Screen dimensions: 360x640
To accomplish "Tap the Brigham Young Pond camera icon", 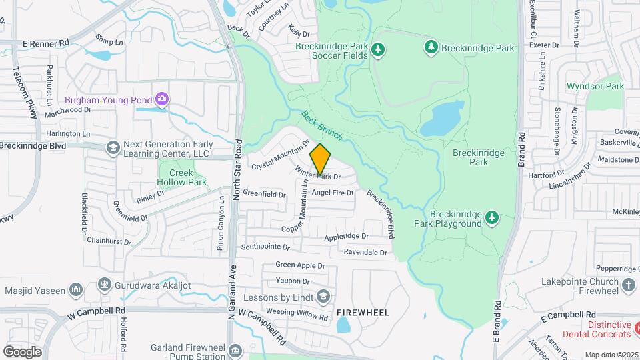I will [161, 100].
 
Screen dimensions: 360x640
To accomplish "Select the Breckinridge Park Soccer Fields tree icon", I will [378, 49].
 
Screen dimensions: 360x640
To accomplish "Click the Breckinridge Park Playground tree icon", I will [492, 217].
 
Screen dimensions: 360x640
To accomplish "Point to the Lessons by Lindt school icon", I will [323, 296].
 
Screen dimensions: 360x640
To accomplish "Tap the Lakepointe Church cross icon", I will [628, 285].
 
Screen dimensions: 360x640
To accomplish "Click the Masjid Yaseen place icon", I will [76, 290].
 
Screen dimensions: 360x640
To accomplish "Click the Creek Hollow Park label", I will [183, 177].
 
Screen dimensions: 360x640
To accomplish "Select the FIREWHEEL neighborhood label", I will [363, 312].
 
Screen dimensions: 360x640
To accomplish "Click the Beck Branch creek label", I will [321, 125].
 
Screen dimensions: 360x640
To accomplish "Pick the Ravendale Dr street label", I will [365, 253].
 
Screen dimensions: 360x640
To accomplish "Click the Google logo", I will [22, 351].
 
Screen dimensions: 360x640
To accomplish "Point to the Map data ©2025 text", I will [611, 355].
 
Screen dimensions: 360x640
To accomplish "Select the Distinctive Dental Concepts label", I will [597, 329].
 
